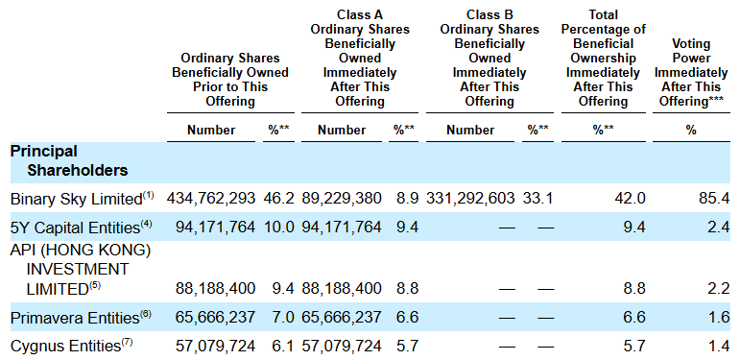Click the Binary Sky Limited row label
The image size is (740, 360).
(83, 199)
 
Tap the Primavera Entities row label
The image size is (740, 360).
(81, 318)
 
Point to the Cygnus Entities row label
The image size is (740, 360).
(72, 347)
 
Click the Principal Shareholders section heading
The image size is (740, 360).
(69, 161)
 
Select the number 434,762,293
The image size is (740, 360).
(211, 198)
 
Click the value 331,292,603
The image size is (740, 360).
(470, 198)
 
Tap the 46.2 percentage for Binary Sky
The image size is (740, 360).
(278, 198)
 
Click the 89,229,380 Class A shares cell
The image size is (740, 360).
(342, 198)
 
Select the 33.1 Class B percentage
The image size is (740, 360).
(538, 198)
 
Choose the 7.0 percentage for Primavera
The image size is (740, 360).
(282, 317)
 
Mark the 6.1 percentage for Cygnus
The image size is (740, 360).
(282, 346)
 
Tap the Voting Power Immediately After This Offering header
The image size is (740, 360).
(691, 73)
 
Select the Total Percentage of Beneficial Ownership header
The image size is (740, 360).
(603, 58)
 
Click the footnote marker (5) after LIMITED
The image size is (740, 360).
(95, 285)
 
